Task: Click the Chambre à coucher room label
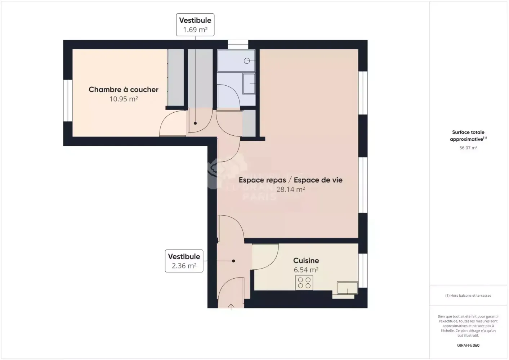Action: pos(124,90)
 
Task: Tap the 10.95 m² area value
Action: pos(124,99)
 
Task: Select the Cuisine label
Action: pos(306,261)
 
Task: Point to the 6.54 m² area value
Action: pos(306,270)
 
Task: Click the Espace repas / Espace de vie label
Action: pos(290,180)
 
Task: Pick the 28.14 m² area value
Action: pos(290,189)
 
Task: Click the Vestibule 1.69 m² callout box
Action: pos(195,25)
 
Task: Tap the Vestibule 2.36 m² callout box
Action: pos(184,261)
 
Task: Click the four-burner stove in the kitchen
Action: pos(304,283)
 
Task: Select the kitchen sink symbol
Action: pos(347,288)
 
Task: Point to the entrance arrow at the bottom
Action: pos(231,307)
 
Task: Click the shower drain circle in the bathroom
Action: pos(247,61)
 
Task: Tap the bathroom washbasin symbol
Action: pos(249,84)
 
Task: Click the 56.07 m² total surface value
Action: pos(468,148)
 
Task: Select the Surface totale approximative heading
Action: pos(468,136)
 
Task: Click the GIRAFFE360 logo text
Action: pos(468,345)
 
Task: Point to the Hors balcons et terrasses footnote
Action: pos(468,296)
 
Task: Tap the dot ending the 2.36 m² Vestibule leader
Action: pos(233,261)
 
